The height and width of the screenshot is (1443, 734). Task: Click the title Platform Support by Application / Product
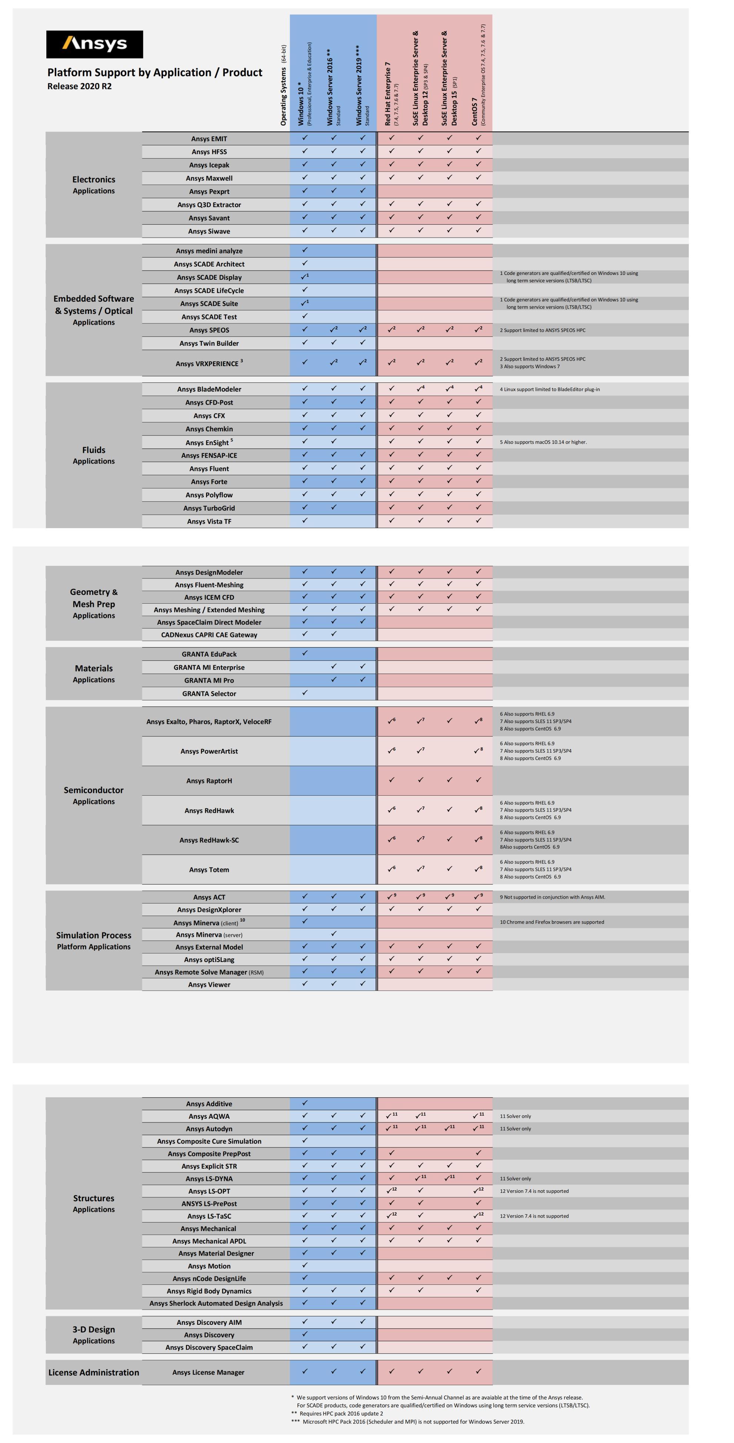click(x=155, y=72)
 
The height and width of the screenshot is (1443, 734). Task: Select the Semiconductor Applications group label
click(x=94, y=796)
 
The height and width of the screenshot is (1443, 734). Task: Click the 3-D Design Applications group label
click(x=94, y=1335)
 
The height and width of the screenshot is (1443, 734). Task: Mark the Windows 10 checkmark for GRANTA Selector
click(x=305, y=693)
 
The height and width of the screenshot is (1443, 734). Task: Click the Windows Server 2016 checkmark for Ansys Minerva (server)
click(x=333, y=934)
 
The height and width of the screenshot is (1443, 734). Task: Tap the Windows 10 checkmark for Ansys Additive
click(x=305, y=1103)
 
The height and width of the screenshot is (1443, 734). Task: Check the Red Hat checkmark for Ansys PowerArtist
click(x=391, y=751)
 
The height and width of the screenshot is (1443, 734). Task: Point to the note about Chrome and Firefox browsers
click(x=552, y=922)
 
